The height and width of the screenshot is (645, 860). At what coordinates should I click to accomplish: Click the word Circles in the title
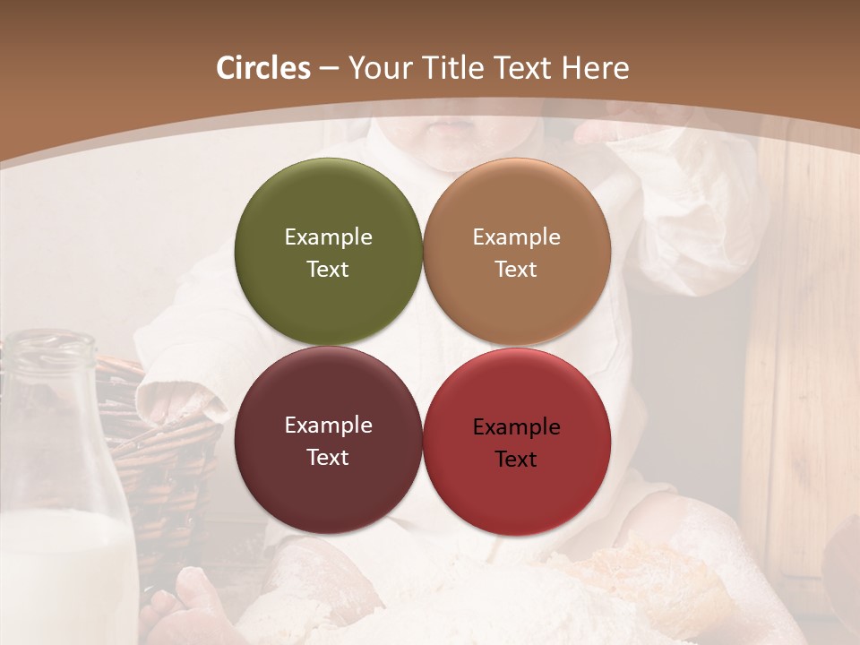pyautogui.click(x=262, y=68)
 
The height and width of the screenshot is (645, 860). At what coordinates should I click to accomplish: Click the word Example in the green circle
pyautogui.click(x=328, y=236)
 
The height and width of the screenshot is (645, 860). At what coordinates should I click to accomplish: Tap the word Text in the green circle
pyautogui.click(x=328, y=269)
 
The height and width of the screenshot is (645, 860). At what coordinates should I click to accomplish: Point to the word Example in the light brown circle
pyautogui.click(x=516, y=236)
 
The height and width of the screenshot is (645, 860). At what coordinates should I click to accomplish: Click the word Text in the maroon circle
pyautogui.click(x=328, y=457)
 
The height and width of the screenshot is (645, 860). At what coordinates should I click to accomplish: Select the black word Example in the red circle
pyautogui.click(x=516, y=426)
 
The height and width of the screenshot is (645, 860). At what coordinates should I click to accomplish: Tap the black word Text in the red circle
pyautogui.click(x=516, y=459)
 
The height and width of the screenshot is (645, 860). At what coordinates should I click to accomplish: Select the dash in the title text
pyautogui.click(x=329, y=69)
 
